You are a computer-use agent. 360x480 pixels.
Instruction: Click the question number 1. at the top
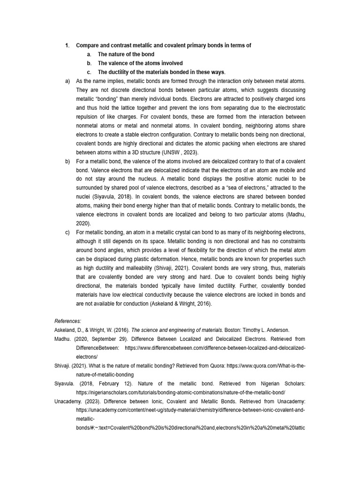[x=67, y=45]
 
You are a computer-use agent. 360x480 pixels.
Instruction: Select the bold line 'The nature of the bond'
[x=126, y=54]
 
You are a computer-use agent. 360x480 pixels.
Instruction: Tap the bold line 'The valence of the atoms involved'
[x=140, y=63]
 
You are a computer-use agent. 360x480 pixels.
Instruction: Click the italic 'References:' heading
[x=68, y=321]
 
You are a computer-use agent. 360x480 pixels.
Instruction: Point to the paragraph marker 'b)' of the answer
[x=67, y=161]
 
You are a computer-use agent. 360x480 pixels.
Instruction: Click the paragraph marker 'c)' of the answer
[x=67, y=232]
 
